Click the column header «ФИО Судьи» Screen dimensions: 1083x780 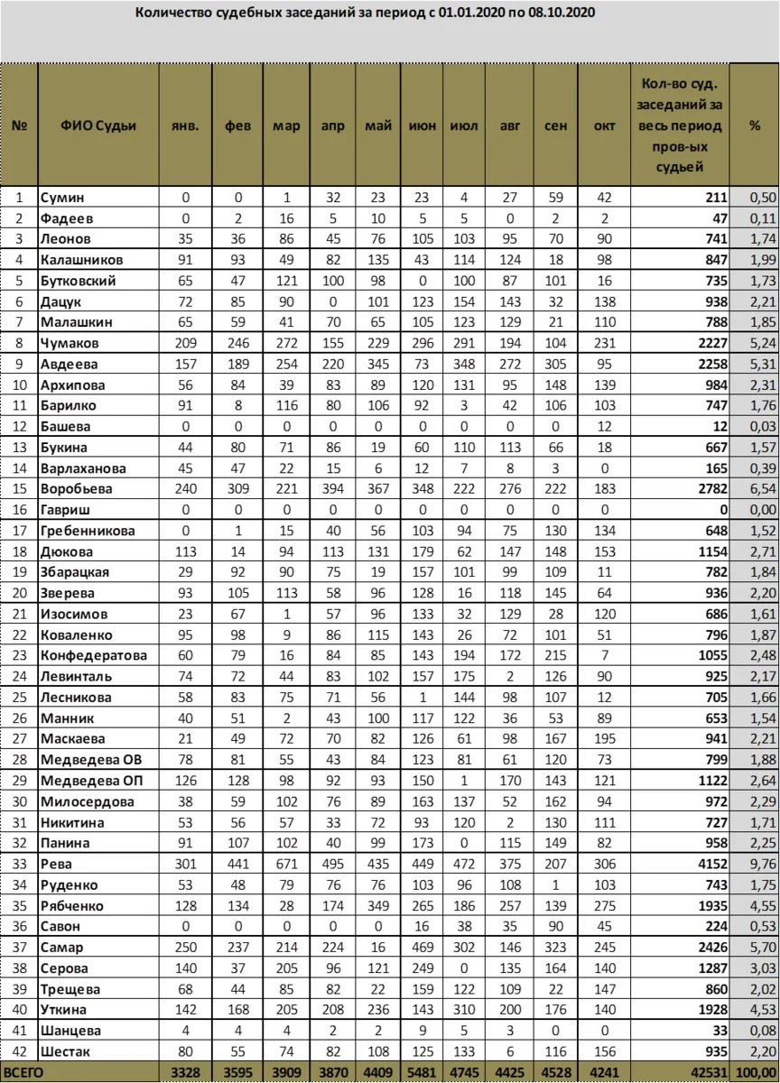point(98,126)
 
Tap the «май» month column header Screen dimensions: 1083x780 point(378,126)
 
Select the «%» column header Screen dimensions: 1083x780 point(754,126)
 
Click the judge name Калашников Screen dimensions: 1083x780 point(83,260)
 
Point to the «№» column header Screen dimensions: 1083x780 point(19,126)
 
